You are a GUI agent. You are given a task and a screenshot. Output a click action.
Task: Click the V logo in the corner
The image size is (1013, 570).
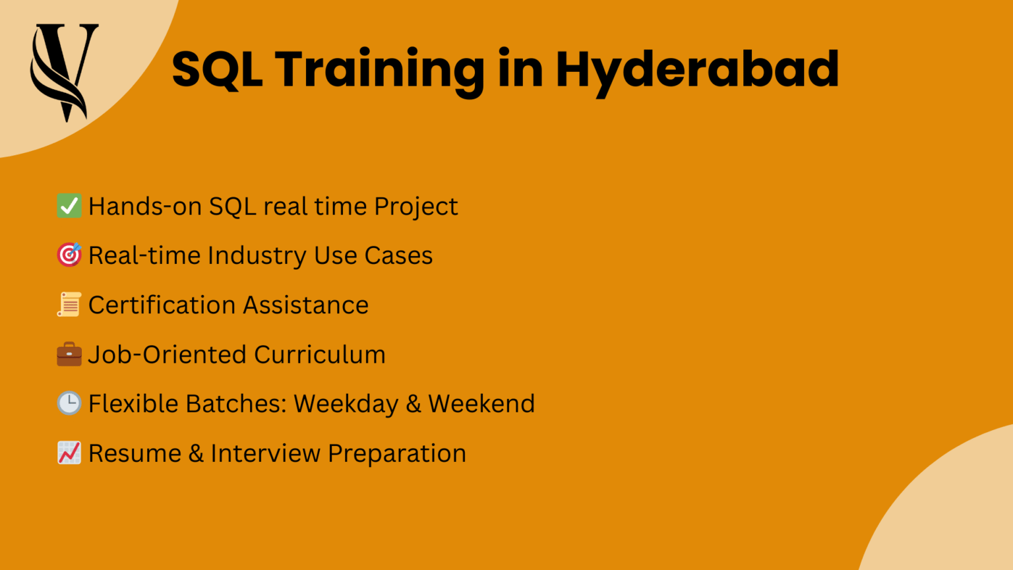tap(64, 71)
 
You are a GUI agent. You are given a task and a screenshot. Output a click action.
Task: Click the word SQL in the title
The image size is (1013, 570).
tap(217, 70)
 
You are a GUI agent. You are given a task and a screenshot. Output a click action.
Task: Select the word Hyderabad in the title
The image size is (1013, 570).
tap(697, 70)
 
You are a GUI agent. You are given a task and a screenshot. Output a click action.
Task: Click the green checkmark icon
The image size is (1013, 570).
tap(69, 206)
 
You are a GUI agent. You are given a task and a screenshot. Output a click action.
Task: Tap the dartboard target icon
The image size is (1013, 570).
tap(69, 255)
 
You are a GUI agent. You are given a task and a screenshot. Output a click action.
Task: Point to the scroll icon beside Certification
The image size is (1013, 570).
tap(69, 305)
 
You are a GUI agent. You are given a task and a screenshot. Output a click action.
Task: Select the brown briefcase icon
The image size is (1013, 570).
tap(69, 354)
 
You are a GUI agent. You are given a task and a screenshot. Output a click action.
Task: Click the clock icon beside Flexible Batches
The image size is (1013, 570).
tap(69, 403)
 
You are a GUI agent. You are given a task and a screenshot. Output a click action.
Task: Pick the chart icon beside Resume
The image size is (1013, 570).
tap(69, 453)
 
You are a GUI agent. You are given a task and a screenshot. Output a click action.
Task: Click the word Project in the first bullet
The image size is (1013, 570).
tap(415, 207)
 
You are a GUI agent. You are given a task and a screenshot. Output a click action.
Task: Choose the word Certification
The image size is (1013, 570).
tap(162, 305)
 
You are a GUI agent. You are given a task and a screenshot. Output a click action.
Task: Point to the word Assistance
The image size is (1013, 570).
tap(305, 305)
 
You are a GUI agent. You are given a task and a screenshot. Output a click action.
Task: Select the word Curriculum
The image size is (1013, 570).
tap(320, 354)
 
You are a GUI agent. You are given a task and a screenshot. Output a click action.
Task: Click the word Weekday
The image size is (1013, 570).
tap(346, 404)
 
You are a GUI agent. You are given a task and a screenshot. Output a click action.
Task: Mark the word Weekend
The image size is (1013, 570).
tap(481, 403)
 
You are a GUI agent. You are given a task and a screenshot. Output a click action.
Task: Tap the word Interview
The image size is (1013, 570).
tap(265, 453)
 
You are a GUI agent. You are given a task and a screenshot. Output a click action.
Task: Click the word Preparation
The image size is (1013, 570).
tap(397, 454)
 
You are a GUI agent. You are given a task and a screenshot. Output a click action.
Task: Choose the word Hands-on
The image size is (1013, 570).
tap(145, 206)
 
